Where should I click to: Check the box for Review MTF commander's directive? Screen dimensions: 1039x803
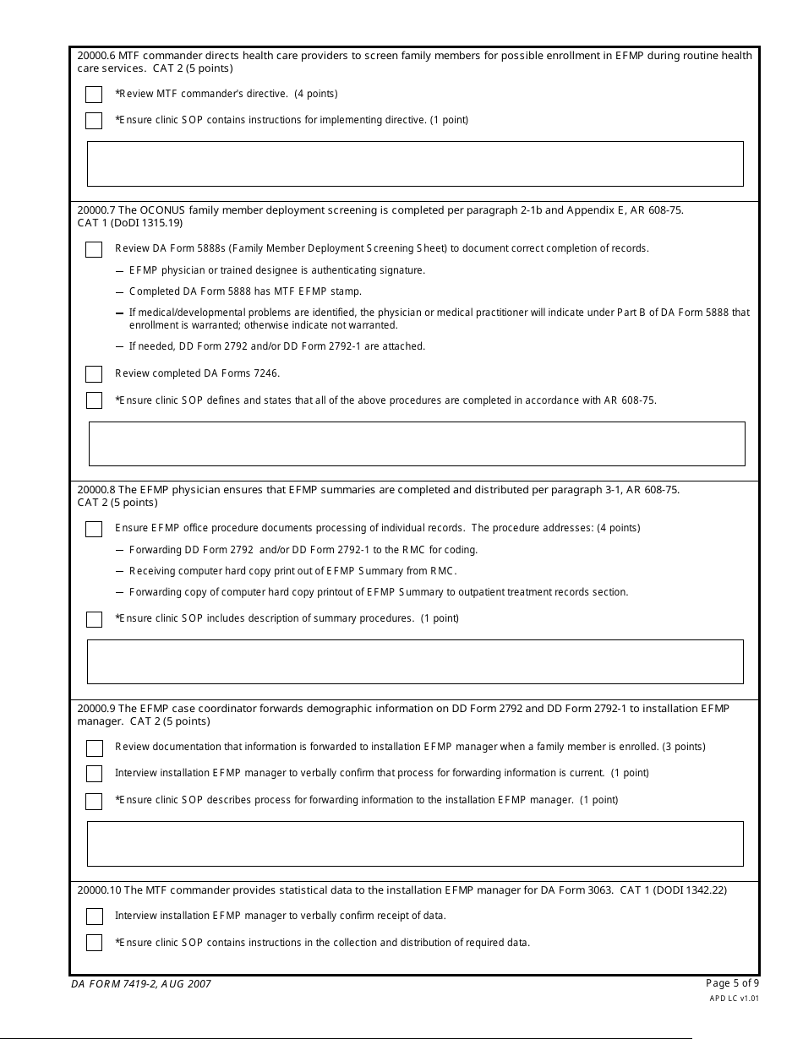tap(94, 95)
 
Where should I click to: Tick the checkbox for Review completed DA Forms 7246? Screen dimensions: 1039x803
tap(94, 374)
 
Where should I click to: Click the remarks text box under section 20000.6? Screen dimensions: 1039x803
tap(415, 164)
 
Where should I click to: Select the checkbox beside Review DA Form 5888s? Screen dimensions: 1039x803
tap(94, 249)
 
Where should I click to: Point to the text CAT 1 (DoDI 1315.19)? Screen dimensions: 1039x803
tap(129, 223)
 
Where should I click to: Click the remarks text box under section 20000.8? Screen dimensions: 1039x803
tap(415, 661)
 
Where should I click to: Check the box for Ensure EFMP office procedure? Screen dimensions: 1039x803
tap(94, 529)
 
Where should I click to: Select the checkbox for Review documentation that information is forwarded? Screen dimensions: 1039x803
tap(94, 748)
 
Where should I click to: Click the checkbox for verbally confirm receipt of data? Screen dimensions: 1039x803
tap(94, 917)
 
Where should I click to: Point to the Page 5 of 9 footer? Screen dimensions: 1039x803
tap(732, 982)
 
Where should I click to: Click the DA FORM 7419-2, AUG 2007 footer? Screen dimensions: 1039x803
tap(141, 984)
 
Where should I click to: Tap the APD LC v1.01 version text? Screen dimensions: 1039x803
tap(734, 998)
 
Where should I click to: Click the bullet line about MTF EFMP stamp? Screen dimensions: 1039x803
tap(245, 291)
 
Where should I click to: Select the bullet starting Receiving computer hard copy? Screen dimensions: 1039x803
tap(292, 571)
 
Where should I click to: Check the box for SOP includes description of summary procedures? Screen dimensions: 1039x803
tap(94, 619)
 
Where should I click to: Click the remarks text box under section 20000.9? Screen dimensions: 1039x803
tap(415, 844)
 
